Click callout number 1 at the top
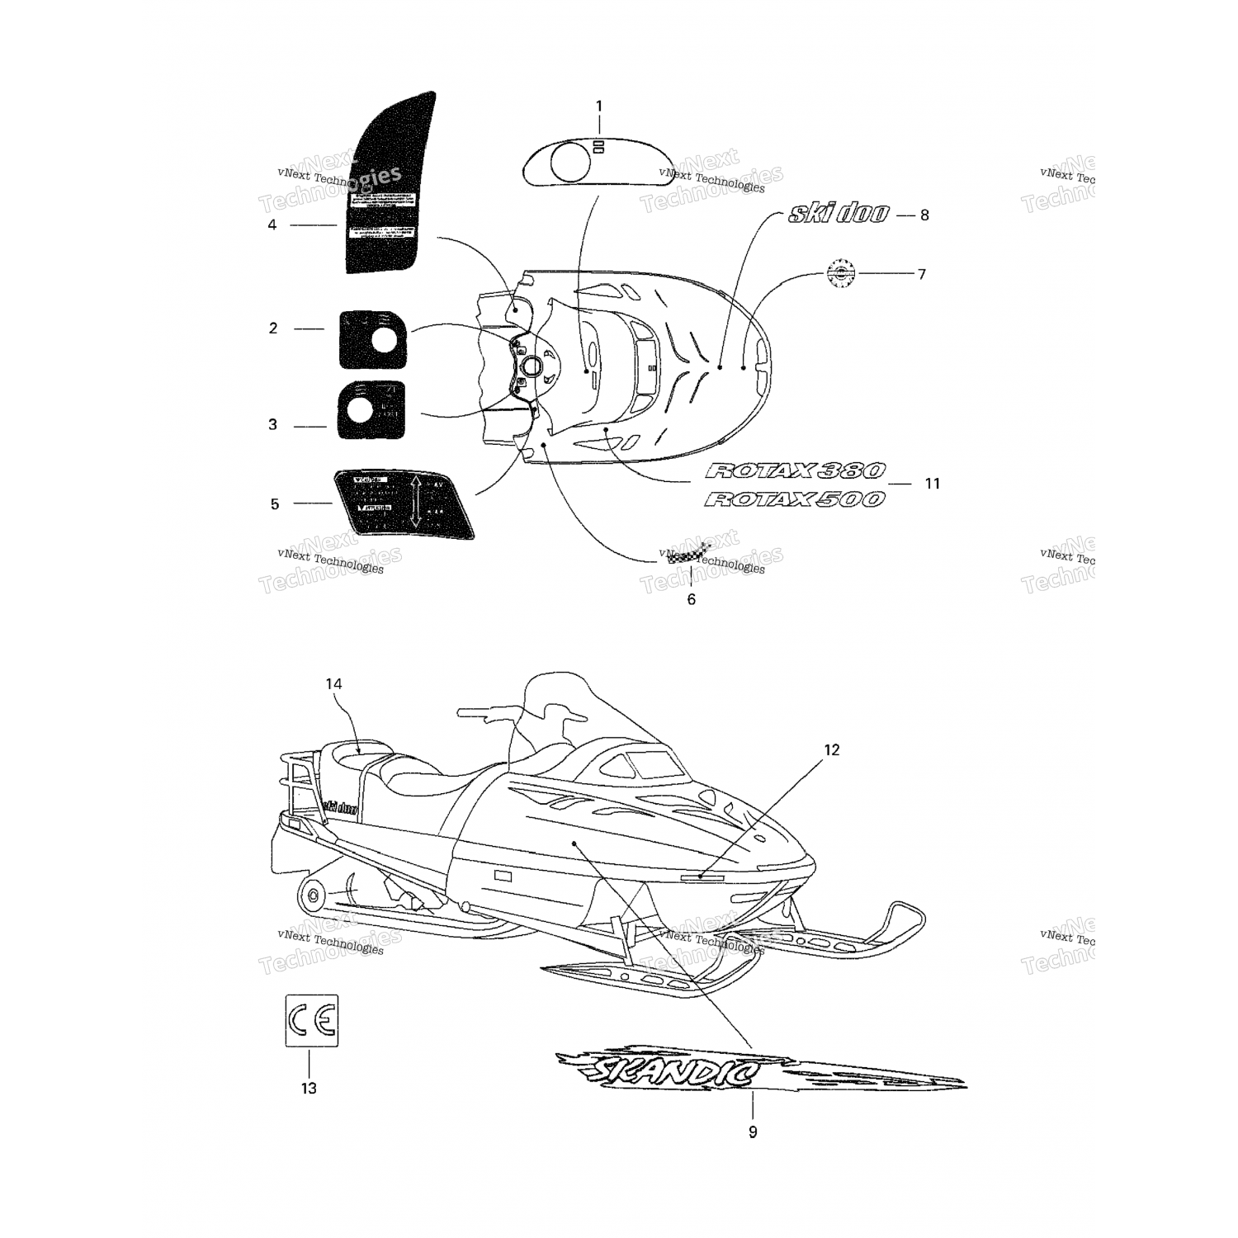pyautogui.click(x=599, y=106)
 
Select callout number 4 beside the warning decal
pyautogui.click(x=272, y=224)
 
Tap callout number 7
pyautogui.click(x=922, y=274)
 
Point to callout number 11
pyautogui.click(x=932, y=484)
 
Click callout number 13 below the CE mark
pyautogui.click(x=309, y=1089)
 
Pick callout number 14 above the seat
pyautogui.click(x=333, y=684)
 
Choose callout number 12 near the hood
pyautogui.click(x=831, y=750)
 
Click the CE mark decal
pyautogui.click(x=312, y=1021)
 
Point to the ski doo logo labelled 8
pyautogui.click(x=838, y=215)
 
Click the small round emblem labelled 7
pyautogui.click(x=841, y=273)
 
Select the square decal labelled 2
pyautogui.click(x=374, y=339)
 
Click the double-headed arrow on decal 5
pyautogui.click(x=415, y=502)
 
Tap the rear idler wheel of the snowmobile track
pyautogui.click(x=312, y=896)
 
